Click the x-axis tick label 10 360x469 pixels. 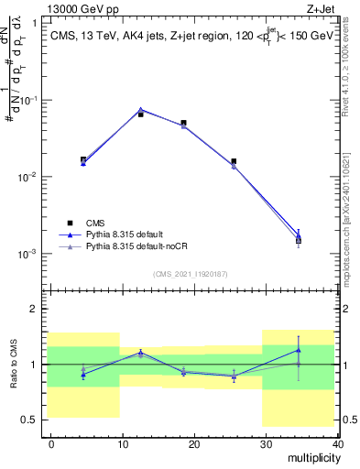122,442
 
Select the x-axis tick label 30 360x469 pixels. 264,442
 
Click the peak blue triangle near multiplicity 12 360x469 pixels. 140,109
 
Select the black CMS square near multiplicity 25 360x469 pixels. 234,161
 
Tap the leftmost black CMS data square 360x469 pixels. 83,159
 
